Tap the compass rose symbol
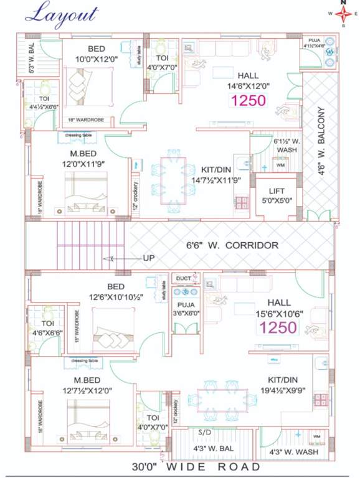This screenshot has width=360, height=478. click(x=343, y=13)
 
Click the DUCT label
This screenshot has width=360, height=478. click(x=184, y=278)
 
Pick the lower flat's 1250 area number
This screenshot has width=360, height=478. click(x=278, y=328)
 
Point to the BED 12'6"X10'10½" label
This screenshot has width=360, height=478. click(x=116, y=291)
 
